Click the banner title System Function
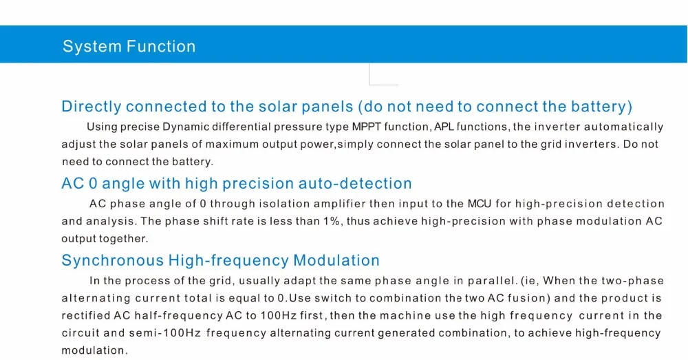point(129,47)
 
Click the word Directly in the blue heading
point(92,107)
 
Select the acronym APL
point(444,127)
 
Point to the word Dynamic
point(186,127)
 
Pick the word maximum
point(232,145)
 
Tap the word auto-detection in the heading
point(355,184)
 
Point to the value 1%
point(332,221)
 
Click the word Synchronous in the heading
point(112,260)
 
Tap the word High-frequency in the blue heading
point(228,260)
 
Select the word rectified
point(86,316)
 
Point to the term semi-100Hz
point(165,332)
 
